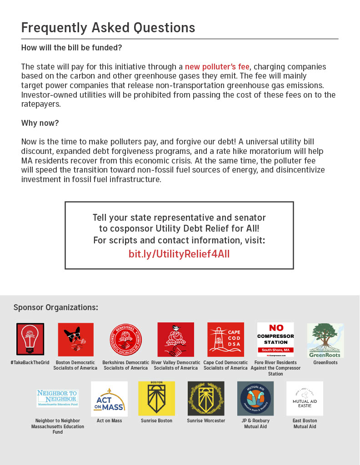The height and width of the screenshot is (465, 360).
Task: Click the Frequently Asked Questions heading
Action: tap(108, 28)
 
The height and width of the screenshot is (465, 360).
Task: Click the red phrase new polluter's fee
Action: tap(217, 67)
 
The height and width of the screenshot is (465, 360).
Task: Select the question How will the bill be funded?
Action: tap(71, 48)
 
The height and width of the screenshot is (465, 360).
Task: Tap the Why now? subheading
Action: tap(40, 123)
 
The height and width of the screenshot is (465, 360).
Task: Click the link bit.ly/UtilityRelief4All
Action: tap(179, 254)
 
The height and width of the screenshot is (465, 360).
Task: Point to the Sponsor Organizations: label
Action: tap(55, 307)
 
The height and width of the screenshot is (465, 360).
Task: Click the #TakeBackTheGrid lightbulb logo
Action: tap(30, 339)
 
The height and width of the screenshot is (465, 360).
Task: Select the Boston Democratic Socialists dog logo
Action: tap(75, 339)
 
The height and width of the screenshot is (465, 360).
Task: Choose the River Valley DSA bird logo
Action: tap(175, 339)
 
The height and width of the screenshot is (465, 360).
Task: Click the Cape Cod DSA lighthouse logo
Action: tap(225, 339)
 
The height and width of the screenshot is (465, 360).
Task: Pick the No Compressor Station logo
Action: tap(275, 339)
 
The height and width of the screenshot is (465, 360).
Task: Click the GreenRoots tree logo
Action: tap(325, 340)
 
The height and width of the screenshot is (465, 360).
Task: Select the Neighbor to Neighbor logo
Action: tap(57, 398)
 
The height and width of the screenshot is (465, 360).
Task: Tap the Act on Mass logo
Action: tap(109, 399)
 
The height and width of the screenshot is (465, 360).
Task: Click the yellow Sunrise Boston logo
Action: tap(156, 398)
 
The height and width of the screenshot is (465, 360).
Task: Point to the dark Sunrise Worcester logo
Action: tap(206, 398)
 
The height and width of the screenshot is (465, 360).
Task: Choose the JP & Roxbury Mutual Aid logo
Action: tap(255, 398)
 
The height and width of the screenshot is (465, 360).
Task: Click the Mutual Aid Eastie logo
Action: tap(305, 398)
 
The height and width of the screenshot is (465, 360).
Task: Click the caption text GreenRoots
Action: tap(325, 363)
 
